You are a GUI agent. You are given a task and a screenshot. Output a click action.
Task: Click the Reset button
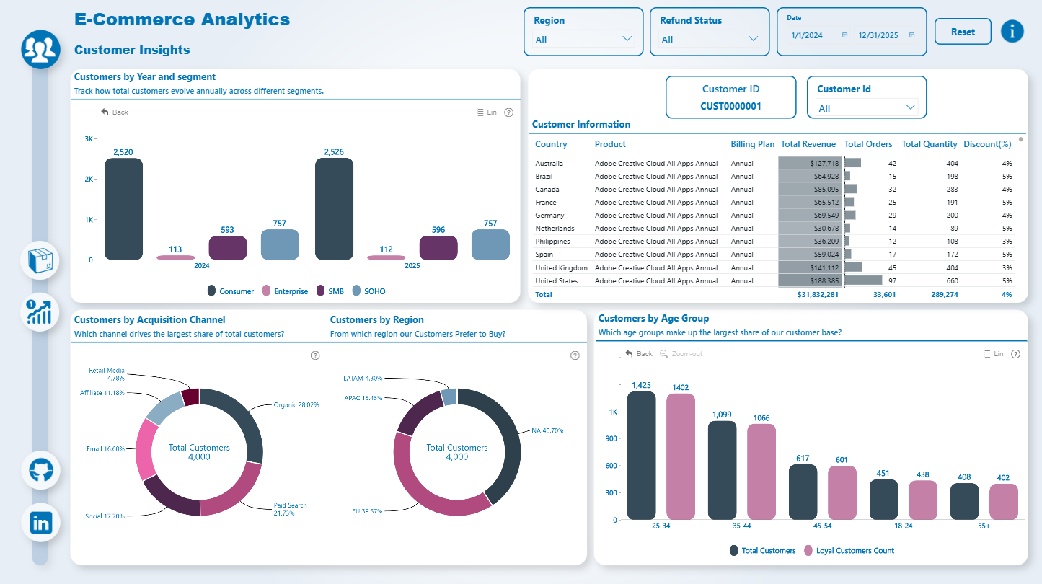(963, 32)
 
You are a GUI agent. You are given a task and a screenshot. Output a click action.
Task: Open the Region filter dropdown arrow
(627, 39)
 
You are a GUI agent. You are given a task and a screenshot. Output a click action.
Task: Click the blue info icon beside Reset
(1012, 31)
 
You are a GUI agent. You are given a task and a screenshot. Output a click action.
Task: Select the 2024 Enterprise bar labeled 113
(175, 257)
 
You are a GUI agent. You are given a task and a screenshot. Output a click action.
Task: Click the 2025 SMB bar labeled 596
(438, 248)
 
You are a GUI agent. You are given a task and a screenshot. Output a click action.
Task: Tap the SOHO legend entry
(369, 291)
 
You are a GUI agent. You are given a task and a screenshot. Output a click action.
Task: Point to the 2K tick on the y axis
(89, 179)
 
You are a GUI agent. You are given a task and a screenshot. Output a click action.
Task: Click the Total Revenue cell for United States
(810, 281)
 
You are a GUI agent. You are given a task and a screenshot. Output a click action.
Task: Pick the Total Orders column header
(868, 144)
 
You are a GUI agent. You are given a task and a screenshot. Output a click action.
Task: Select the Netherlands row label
(555, 229)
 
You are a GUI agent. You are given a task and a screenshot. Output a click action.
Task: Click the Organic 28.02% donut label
(296, 405)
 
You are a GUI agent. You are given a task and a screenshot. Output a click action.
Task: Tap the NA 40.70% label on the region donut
(547, 430)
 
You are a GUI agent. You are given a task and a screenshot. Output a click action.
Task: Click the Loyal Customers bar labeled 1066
(761, 472)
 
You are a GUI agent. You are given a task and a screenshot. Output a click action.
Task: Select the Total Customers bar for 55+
(964, 501)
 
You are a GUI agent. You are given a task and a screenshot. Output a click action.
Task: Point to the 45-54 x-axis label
(823, 526)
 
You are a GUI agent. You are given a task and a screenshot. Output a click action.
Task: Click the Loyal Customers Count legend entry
(849, 551)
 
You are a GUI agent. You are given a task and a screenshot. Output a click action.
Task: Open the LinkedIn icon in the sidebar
(41, 523)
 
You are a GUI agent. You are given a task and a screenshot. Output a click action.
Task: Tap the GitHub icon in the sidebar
(41, 470)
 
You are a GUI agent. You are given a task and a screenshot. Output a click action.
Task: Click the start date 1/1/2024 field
(807, 35)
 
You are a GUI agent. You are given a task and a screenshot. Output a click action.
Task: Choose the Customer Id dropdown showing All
(867, 108)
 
